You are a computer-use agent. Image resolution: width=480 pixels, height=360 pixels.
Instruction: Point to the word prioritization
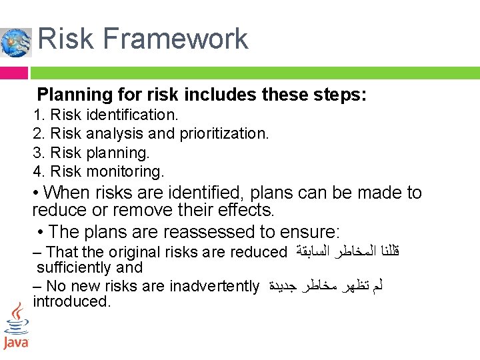pyautogui.click(x=225, y=133)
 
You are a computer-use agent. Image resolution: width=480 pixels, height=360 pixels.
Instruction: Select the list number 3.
pyautogui.click(x=38, y=153)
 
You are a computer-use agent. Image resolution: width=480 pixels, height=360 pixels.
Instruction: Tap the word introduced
pyautogui.click(x=71, y=301)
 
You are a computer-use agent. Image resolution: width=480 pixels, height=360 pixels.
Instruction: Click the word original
pyautogui.click(x=139, y=252)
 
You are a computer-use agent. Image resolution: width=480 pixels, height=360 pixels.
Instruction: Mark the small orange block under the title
pyautogui.click(x=14, y=73)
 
